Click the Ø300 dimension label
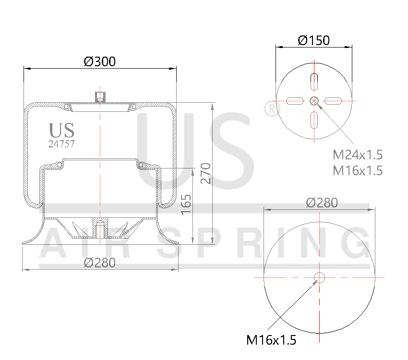coord(99,61)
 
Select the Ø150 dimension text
coord(313,40)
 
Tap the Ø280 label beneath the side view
coord(99,263)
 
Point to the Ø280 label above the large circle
coord(322,203)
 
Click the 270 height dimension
coord(205,173)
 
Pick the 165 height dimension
coord(187,204)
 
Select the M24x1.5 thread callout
coord(358,155)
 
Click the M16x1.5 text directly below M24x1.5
coord(358,170)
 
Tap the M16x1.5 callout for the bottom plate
coord(271,340)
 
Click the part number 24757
coord(61,143)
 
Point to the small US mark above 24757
coord(61,130)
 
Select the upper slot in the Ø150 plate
coord(314,82)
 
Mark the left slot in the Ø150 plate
coord(295,101)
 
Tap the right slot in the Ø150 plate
coord(333,101)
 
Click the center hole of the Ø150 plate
coord(314,101)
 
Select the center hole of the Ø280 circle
coord(319,277)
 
